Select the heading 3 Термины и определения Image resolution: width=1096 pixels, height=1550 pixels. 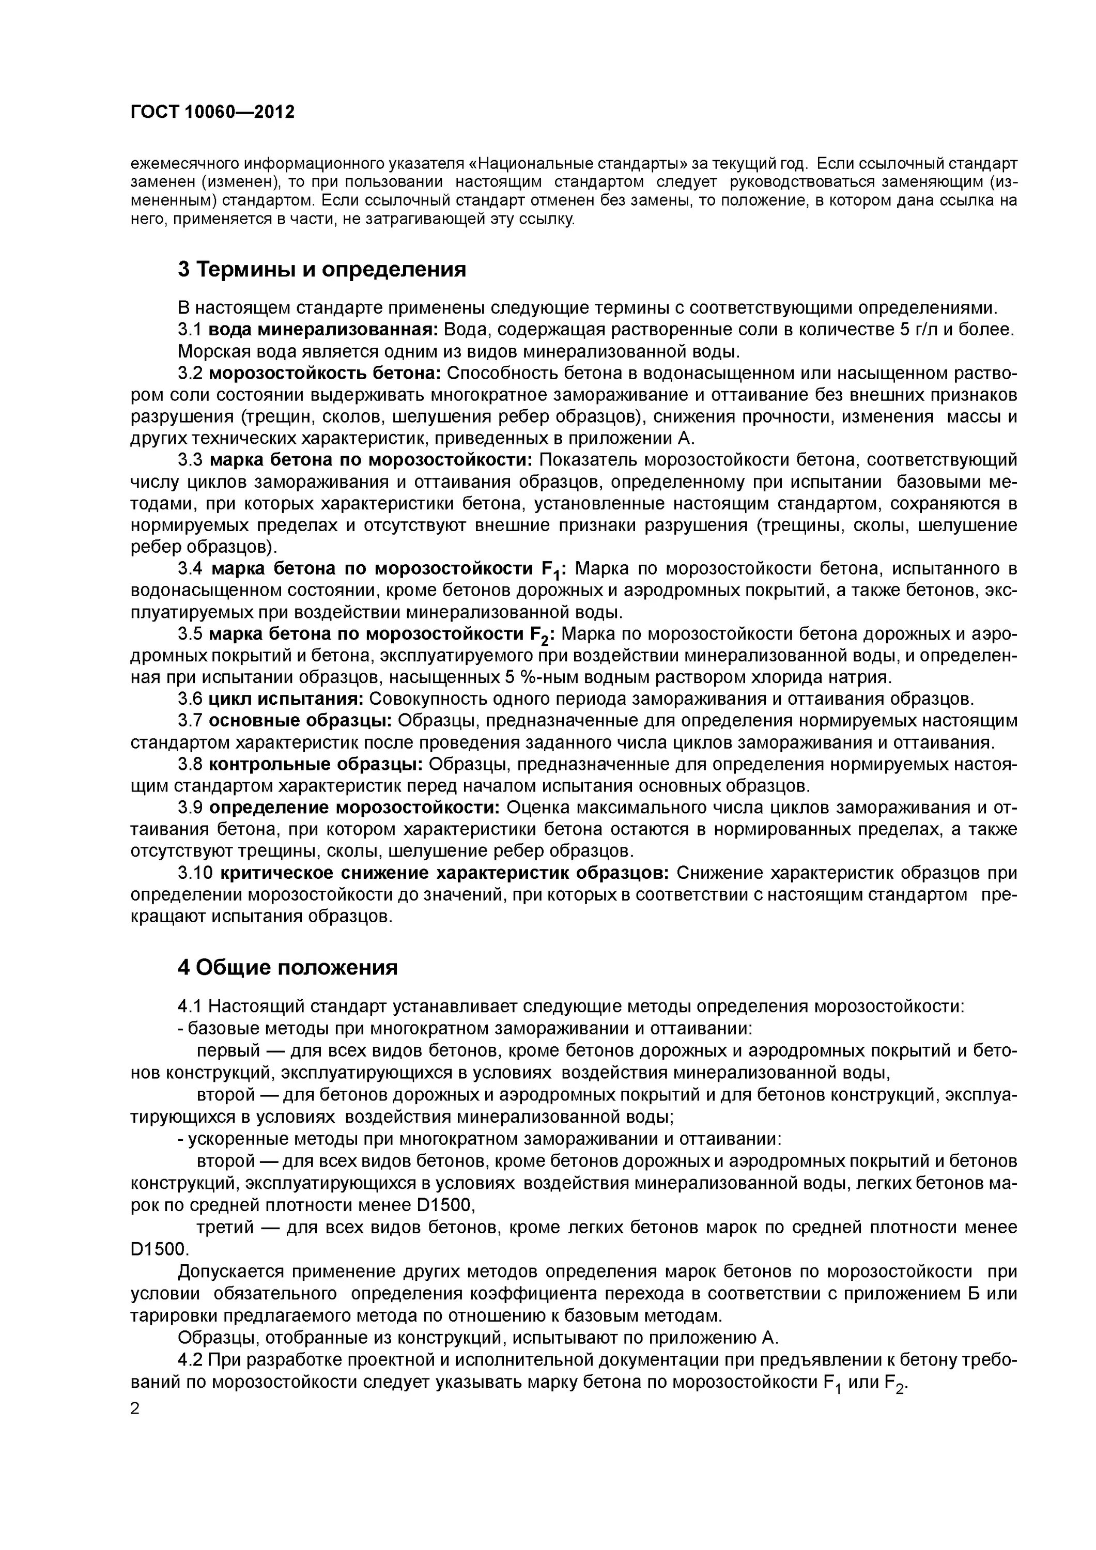tap(321, 269)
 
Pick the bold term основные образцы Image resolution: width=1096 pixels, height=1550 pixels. tap(300, 721)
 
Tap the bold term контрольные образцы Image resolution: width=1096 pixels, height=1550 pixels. tap(315, 764)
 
